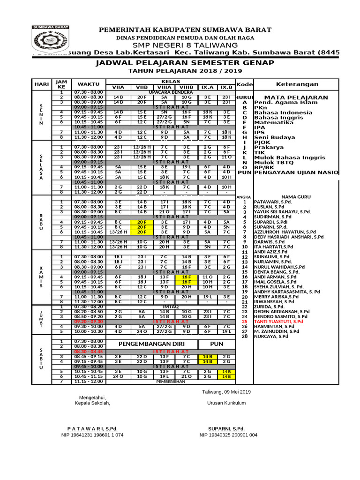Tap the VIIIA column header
[164, 87]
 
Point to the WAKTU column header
[89, 84]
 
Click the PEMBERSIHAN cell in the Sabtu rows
[171, 382]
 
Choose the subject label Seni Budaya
[275, 137]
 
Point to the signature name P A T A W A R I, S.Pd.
[92, 428]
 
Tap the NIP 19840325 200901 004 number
[228, 435]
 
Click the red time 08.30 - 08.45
[89, 351]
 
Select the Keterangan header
[298, 84]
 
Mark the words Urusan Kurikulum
[226, 403]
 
